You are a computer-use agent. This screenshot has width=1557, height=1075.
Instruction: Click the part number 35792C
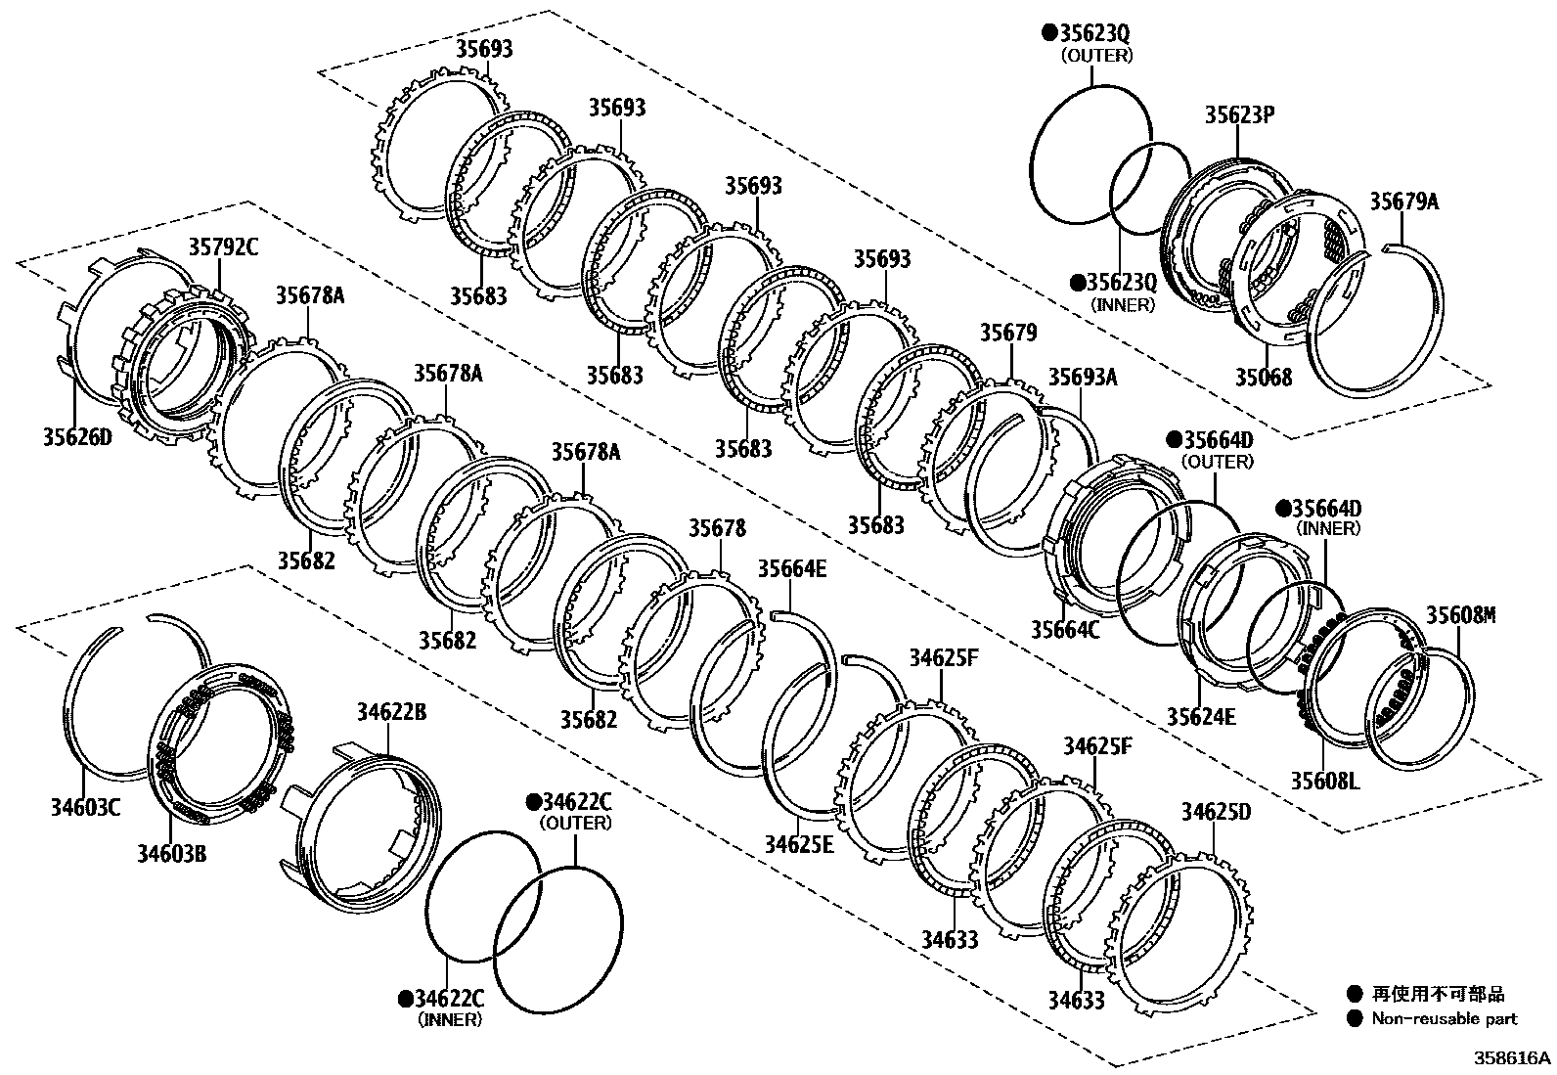[x=223, y=247]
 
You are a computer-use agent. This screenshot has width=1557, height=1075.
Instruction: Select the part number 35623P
[x=1238, y=114]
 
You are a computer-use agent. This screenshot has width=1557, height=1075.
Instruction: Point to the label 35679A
[x=1403, y=202]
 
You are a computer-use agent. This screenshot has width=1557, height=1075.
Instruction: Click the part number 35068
[x=1263, y=377]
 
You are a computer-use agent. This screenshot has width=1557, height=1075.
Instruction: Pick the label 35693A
[x=1083, y=378]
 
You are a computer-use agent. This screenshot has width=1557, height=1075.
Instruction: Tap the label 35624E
[x=1201, y=717]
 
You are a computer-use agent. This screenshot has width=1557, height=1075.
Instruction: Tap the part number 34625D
[x=1215, y=812]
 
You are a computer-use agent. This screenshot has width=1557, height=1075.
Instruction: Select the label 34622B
[x=390, y=712]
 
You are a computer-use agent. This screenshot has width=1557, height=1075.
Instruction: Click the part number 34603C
[x=85, y=807]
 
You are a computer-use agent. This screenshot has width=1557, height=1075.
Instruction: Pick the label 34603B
[x=171, y=853]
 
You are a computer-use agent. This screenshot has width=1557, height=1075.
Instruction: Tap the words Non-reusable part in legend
[x=1444, y=1018]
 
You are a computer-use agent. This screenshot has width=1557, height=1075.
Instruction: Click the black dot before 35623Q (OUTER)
[x=1049, y=32]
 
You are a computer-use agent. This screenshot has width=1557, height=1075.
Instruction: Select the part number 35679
[x=1008, y=334]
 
